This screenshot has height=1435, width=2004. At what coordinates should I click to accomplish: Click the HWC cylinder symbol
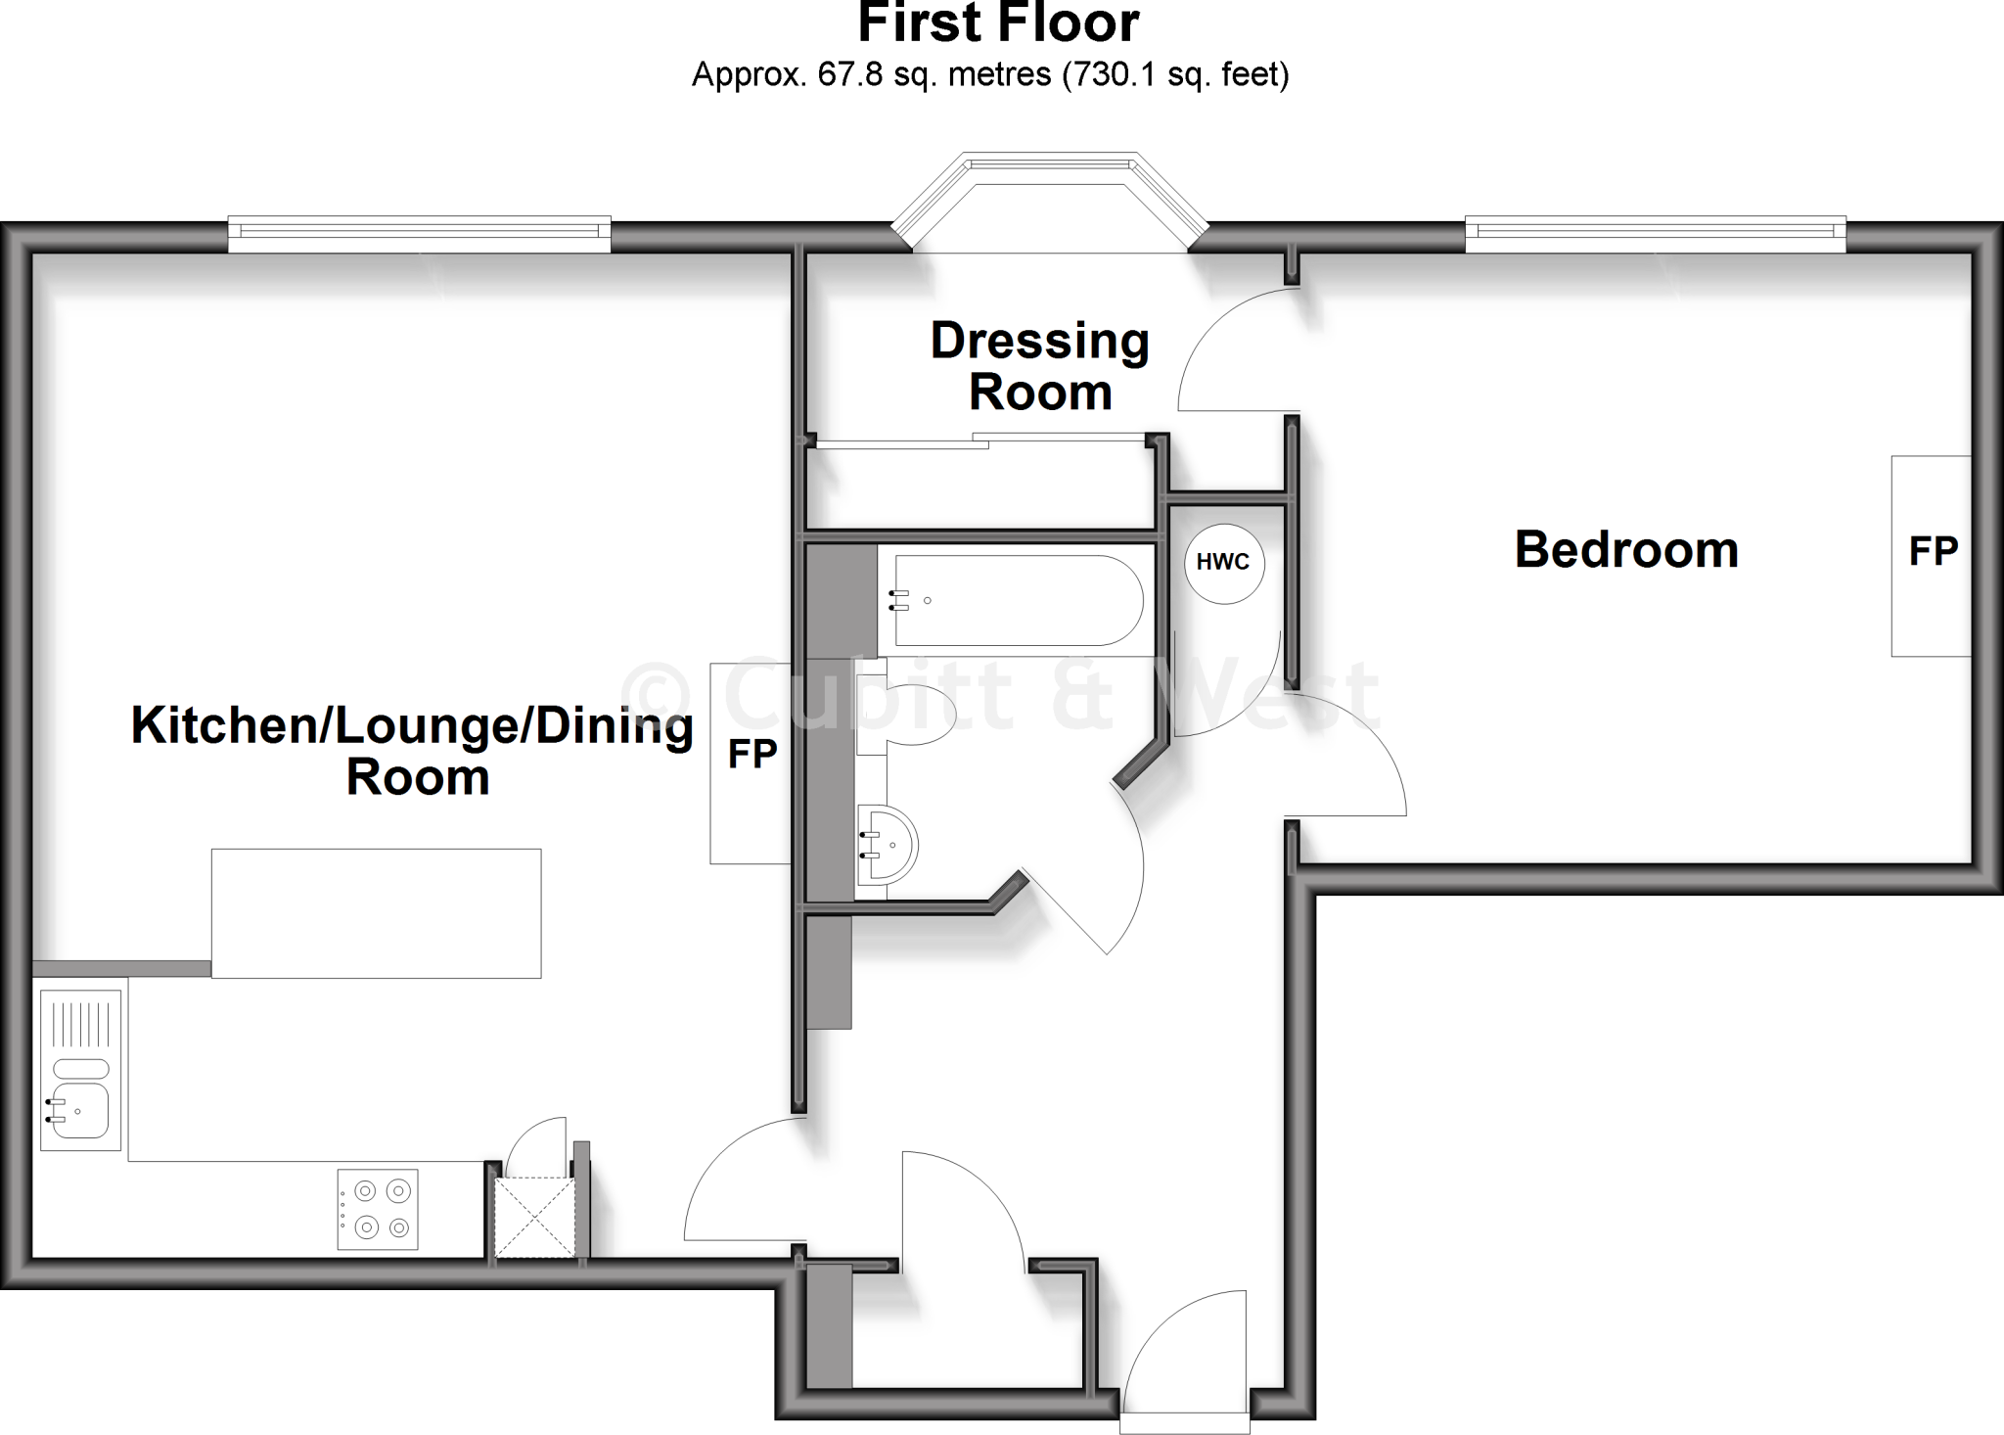1223,563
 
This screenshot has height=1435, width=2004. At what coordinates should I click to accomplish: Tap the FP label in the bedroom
1933,552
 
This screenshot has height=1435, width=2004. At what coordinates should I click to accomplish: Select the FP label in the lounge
751,754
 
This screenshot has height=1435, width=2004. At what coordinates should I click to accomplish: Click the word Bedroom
1626,550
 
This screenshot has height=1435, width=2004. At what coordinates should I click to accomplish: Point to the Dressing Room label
1039,366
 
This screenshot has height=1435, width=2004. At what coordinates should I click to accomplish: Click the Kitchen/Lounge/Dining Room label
413,751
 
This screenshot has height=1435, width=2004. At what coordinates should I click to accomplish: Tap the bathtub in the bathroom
1018,601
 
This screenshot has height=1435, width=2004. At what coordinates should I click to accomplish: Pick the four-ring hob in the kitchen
378,1209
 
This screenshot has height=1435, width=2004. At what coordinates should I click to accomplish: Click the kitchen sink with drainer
80,1070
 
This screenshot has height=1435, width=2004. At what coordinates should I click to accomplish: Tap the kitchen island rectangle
376,913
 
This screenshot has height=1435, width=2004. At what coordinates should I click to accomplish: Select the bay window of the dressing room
1049,201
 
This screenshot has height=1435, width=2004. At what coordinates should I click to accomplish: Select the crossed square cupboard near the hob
533,1218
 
